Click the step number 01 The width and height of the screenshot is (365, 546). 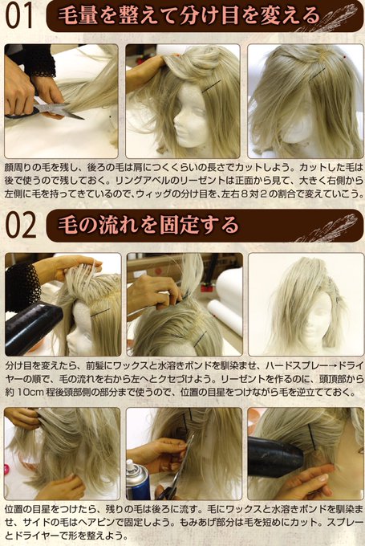19,16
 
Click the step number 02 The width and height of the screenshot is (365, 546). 21,225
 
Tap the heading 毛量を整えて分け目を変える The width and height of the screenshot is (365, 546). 189,16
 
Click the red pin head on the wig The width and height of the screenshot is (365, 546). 344,56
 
